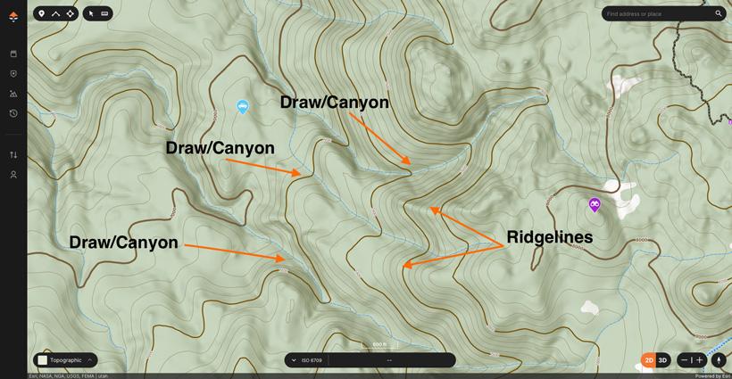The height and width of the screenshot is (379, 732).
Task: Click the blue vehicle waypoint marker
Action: point(242,106)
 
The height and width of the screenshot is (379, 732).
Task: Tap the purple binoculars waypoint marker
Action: point(595,204)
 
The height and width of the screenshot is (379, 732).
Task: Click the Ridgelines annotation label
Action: point(549,237)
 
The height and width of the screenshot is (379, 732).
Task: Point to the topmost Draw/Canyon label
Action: point(334,103)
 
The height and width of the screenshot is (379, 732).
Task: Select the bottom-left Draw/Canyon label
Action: point(123,243)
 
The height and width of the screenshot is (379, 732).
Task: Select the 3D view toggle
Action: point(662,360)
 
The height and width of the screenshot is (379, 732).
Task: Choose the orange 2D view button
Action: point(648,360)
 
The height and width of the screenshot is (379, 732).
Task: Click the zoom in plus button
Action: point(700,360)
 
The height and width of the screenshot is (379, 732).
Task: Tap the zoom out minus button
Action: point(684,360)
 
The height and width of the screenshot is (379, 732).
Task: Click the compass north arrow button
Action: point(719,360)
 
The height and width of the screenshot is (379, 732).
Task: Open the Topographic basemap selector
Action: point(65,360)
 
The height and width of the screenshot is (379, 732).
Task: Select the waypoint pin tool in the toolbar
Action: point(41,13)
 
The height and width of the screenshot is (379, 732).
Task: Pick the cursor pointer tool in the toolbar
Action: point(91,13)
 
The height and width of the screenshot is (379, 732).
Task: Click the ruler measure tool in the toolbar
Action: point(104,13)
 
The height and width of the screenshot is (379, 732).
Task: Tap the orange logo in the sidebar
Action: point(13,16)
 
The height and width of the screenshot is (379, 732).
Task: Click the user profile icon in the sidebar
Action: point(13,175)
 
